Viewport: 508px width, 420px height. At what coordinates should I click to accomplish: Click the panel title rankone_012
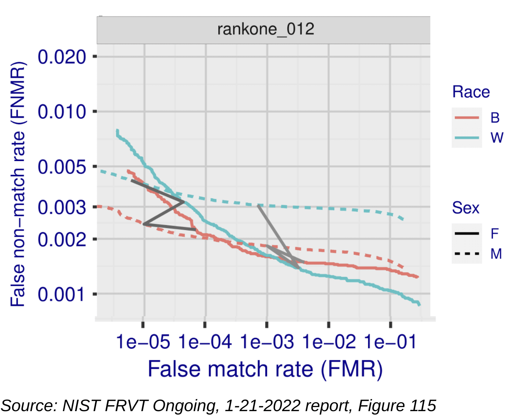coord(265,29)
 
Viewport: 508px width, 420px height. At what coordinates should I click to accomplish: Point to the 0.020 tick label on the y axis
coord(62,57)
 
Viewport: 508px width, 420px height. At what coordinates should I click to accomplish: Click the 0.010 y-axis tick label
coord(62,112)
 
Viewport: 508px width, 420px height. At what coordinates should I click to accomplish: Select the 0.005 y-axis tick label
coord(62,167)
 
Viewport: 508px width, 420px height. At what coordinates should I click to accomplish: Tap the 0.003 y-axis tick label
coord(62,207)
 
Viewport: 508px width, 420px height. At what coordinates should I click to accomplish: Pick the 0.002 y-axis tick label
coord(62,239)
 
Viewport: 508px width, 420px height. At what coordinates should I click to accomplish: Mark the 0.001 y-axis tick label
coord(62,294)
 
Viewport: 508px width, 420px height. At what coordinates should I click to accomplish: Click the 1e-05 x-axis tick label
coord(143,342)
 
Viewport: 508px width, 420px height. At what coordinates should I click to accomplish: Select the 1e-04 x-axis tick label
coord(205,342)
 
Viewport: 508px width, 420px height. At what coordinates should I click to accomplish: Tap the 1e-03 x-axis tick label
coord(267,342)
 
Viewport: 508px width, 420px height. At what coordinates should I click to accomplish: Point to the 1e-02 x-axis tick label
coord(329,342)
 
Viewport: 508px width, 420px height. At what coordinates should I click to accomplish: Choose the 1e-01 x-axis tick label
coord(390,342)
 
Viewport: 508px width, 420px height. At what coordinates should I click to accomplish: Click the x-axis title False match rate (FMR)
coord(265,369)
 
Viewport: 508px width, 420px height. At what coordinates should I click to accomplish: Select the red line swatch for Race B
coord(467,118)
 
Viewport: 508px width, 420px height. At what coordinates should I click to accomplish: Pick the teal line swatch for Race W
coord(467,138)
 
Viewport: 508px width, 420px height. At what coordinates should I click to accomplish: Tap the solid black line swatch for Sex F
coord(467,233)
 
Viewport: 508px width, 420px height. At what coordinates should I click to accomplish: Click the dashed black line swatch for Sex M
coord(467,254)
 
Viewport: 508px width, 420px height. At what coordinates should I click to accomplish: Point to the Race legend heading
coord(471,92)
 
